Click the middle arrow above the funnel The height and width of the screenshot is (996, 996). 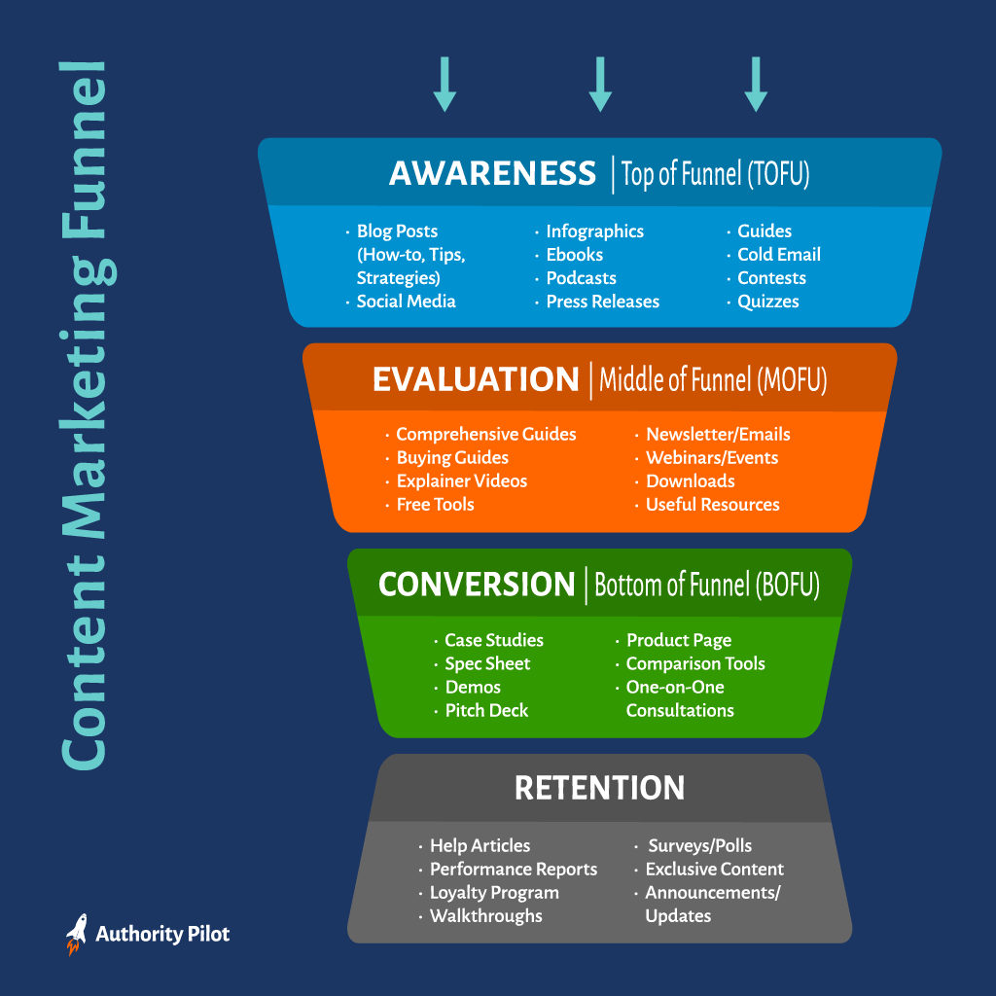click(600, 84)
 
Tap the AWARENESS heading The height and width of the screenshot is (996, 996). click(492, 173)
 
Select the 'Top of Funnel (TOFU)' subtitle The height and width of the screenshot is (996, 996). click(715, 174)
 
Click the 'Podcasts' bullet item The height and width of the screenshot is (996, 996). click(582, 278)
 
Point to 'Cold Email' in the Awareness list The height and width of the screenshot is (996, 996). click(779, 255)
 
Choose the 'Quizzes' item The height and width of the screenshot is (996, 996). click(768, 302)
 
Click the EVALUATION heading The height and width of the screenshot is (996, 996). click(476, 379)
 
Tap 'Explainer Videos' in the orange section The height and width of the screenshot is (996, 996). click(462, 481)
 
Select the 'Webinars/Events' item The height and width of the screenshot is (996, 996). click(712, 458)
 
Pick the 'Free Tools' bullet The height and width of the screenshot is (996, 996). click(435, 505)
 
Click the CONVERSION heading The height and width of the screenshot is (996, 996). click(477, 585)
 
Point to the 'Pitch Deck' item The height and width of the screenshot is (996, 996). click(486, 711)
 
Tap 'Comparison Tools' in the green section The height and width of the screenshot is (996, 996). click(695, 663)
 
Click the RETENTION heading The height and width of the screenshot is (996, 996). click(599, 788)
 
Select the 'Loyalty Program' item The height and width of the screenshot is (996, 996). click(494, 893)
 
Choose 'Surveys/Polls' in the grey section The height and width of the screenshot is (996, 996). click(700, 846)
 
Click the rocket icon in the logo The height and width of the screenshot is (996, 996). click(76, 934)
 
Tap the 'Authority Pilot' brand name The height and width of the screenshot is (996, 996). click(162, 935)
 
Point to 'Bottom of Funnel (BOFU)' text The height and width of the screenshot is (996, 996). click(707, 585)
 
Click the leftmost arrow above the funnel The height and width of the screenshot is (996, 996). click(445, 84)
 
